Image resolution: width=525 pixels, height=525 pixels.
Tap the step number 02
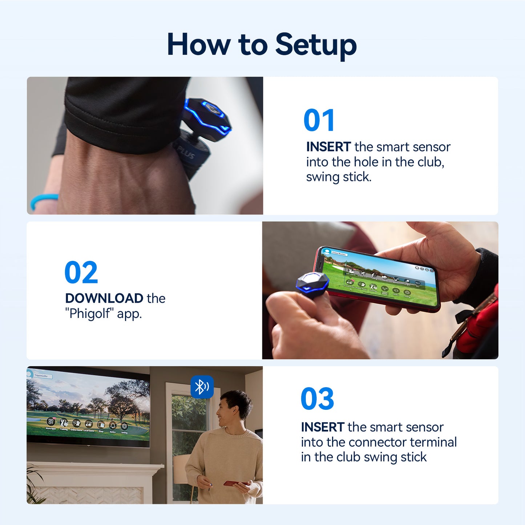coord(81,272)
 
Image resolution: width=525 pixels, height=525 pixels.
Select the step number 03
coord(317,399)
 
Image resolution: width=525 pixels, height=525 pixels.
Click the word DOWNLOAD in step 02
coord(104,298)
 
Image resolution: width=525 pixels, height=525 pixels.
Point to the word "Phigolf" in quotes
coord(89,313)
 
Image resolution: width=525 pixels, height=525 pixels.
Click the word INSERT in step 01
coord(328,147)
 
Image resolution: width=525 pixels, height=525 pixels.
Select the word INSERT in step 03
coord(322,427)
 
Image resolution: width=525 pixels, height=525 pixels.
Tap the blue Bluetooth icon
coord(202,387)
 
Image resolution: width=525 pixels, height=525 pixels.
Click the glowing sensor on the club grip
coord(207,116)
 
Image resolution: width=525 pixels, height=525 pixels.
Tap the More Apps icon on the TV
coord(51,422)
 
